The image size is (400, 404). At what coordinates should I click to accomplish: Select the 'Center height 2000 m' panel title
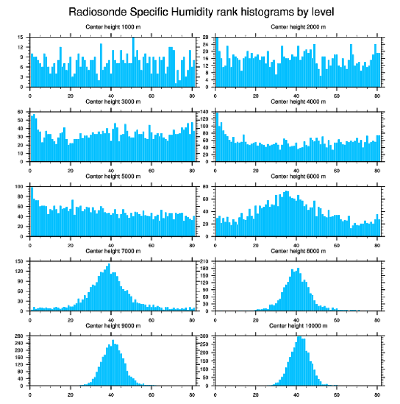point(298,27)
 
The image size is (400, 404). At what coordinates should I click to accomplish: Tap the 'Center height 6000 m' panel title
point(298,177)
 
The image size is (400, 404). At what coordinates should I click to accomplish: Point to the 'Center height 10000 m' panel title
point(298,326)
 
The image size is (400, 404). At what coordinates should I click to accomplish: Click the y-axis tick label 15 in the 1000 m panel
point(21,37)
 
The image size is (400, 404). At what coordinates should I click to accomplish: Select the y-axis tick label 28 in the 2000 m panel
point(207,37)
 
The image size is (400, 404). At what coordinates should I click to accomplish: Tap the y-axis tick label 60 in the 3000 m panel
point(21,112)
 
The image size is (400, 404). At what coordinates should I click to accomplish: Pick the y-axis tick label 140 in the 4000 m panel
point(205,112)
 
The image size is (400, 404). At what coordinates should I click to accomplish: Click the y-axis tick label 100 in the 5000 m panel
point(20,187)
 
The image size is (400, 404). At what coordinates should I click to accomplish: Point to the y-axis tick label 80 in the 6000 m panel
point(207,187)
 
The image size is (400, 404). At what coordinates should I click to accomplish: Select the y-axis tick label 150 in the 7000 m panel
point(20,262)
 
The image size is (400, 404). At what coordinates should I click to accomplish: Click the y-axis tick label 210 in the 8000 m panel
point(205,262)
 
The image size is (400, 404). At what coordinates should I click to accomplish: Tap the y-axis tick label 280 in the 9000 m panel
point(20,337)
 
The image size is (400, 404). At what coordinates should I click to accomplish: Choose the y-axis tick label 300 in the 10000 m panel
point(205,337)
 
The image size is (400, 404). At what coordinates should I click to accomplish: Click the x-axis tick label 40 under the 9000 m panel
point(111,393)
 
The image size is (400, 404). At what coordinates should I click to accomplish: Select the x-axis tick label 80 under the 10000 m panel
point(376,393)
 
